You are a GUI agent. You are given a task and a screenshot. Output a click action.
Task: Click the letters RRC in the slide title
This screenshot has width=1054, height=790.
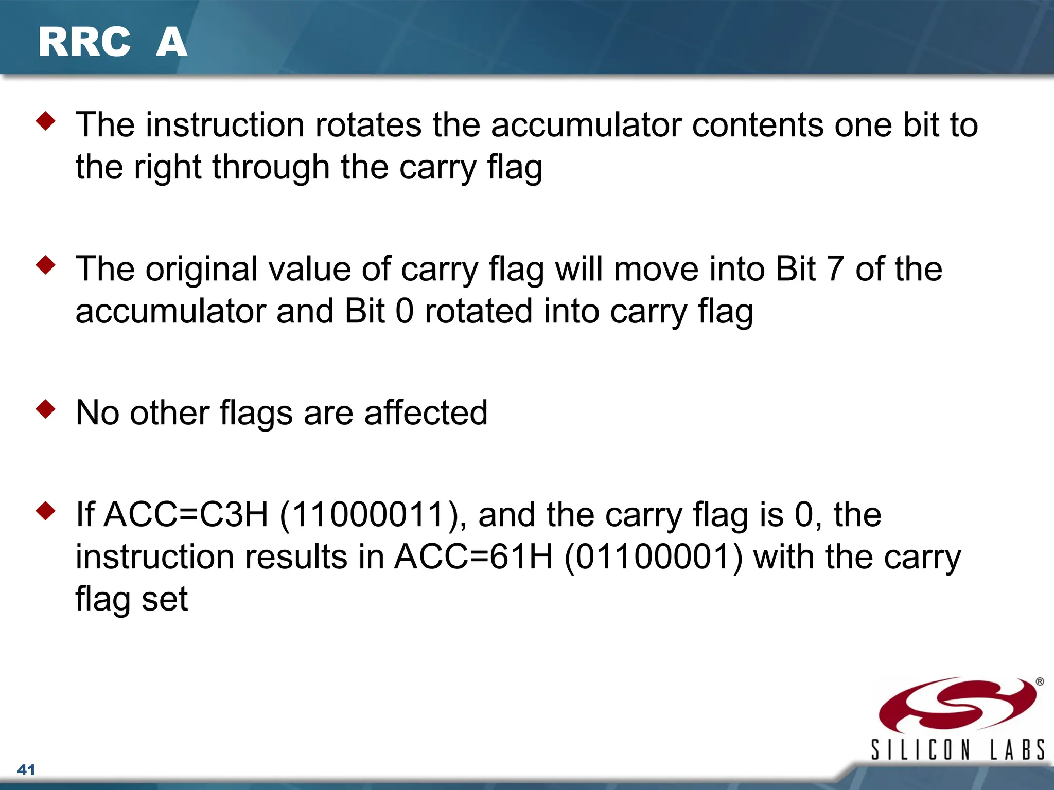84,42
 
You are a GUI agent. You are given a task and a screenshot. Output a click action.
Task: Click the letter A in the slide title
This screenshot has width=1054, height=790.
171,42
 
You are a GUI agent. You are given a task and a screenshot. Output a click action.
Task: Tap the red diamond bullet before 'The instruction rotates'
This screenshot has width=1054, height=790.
46,121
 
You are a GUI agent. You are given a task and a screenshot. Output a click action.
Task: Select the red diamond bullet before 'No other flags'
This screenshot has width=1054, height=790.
46,409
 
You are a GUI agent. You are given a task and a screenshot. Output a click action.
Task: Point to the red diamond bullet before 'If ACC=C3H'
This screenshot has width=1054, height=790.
46,511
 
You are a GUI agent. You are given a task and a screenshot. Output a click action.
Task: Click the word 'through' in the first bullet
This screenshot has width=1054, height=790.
271,168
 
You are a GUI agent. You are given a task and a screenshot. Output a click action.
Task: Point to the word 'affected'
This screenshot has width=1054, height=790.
426,412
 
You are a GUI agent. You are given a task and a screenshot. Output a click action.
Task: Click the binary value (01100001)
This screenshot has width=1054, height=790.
654,557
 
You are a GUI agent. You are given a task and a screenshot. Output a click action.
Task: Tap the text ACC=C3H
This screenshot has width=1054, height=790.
186,515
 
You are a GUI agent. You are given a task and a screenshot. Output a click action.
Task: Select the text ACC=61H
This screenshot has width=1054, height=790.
473,557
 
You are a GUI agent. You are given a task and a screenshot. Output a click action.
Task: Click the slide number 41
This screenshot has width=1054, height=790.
26,770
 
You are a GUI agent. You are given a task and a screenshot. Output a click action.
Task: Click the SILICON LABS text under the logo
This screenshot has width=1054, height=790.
957,749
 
